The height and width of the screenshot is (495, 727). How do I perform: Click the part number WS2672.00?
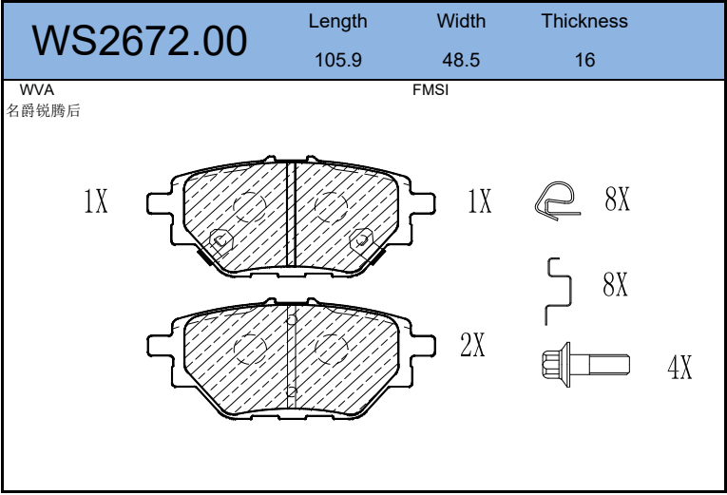tap(139, 41)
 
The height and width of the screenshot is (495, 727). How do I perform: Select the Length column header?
tap(337, 22)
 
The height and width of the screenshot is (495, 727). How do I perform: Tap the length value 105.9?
tap(338, 60)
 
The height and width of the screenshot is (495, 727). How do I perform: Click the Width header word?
tap(461, 21)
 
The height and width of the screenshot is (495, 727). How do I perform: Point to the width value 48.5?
tap(461, 60)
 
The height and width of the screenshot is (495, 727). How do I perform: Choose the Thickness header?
tap(584, 21)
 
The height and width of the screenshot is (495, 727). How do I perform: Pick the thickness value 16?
tap(584, 60)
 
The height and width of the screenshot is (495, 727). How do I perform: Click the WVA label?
tap(37, 89)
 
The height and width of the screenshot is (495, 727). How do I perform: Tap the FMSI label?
tap(430, 89)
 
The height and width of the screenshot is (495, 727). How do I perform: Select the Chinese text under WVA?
tap(43, 110)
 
